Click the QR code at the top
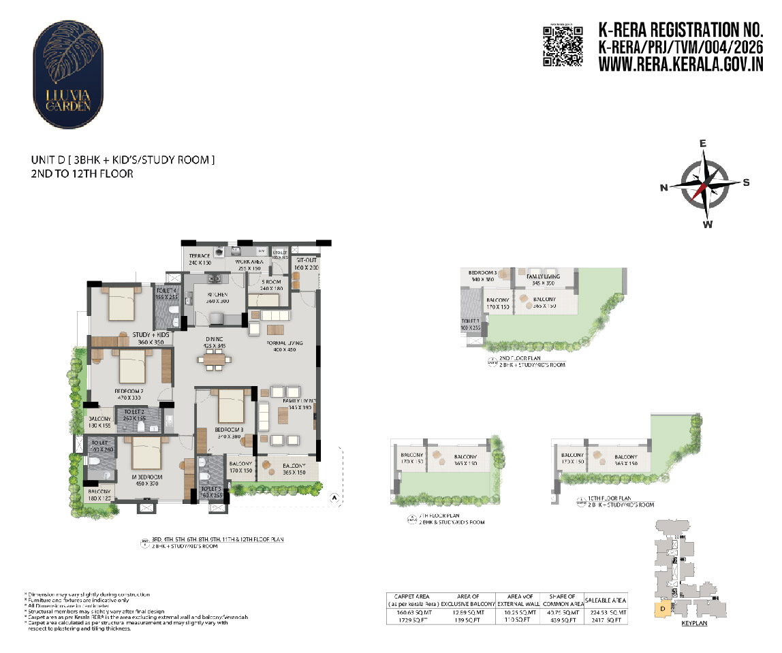[563, 46]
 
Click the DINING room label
[214, 342]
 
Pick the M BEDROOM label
[144, 480]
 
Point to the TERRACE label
[199, 259]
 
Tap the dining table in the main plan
[213, 359]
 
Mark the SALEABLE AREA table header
[606, 600]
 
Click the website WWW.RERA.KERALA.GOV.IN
[681, 64]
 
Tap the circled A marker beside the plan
[334, 498]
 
